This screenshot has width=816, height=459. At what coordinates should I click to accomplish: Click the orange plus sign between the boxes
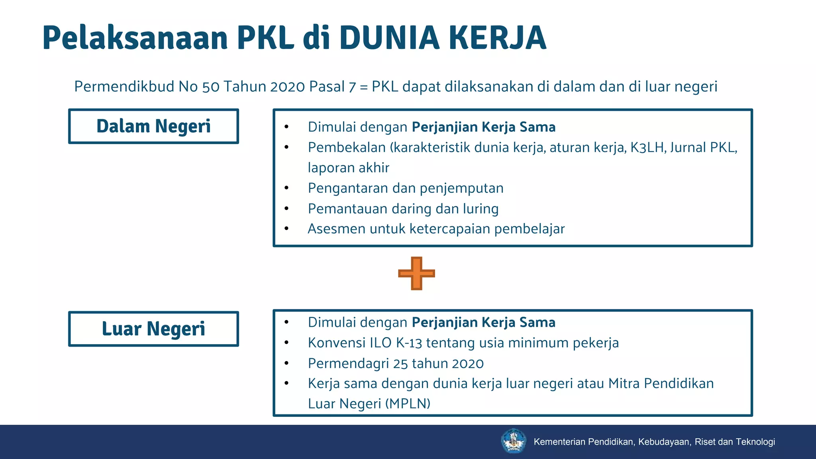tap(416, 273)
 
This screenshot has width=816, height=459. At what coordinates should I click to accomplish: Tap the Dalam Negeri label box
tap(153, 126)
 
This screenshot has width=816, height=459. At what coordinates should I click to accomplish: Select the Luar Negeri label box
tap(153, 329)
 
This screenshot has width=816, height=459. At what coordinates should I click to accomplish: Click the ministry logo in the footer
tap(514, 441)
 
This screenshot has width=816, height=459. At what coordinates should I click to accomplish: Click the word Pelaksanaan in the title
tap(135, 38)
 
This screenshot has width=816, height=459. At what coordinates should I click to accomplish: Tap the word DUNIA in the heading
tap(389, 38)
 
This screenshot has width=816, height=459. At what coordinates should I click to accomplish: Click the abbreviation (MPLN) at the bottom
tap(408, 404)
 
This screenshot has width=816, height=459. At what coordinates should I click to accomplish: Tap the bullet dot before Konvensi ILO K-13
tap(286, 343)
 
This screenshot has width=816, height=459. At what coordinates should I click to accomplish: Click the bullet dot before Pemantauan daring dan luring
tap(286, 208)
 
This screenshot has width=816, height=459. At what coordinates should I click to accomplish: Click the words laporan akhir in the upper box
tap(348, 168)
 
